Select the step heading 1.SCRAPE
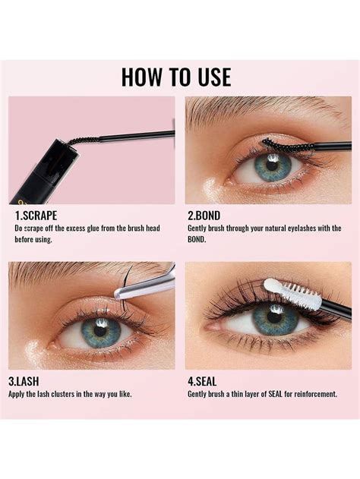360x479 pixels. pyautogui.click(x=36, y=215)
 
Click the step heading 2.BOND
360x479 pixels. pyautogui.click(x=204, y=215)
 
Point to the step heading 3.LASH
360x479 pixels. pyautogui.click(x=30, y=382)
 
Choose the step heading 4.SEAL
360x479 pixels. pyautogui.click(x=204, y=382)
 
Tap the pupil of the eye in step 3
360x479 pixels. pyautogui.click(x=98, y=331)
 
